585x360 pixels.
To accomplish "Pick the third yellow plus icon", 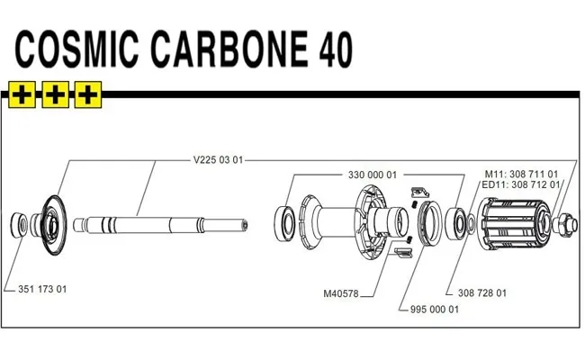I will pos(88,92).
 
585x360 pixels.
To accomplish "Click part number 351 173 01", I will pos(42,289).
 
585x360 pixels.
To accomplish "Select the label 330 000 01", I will pos(372,175).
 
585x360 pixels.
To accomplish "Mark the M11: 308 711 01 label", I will pos(522,174).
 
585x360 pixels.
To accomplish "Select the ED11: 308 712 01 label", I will pos(519,184).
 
